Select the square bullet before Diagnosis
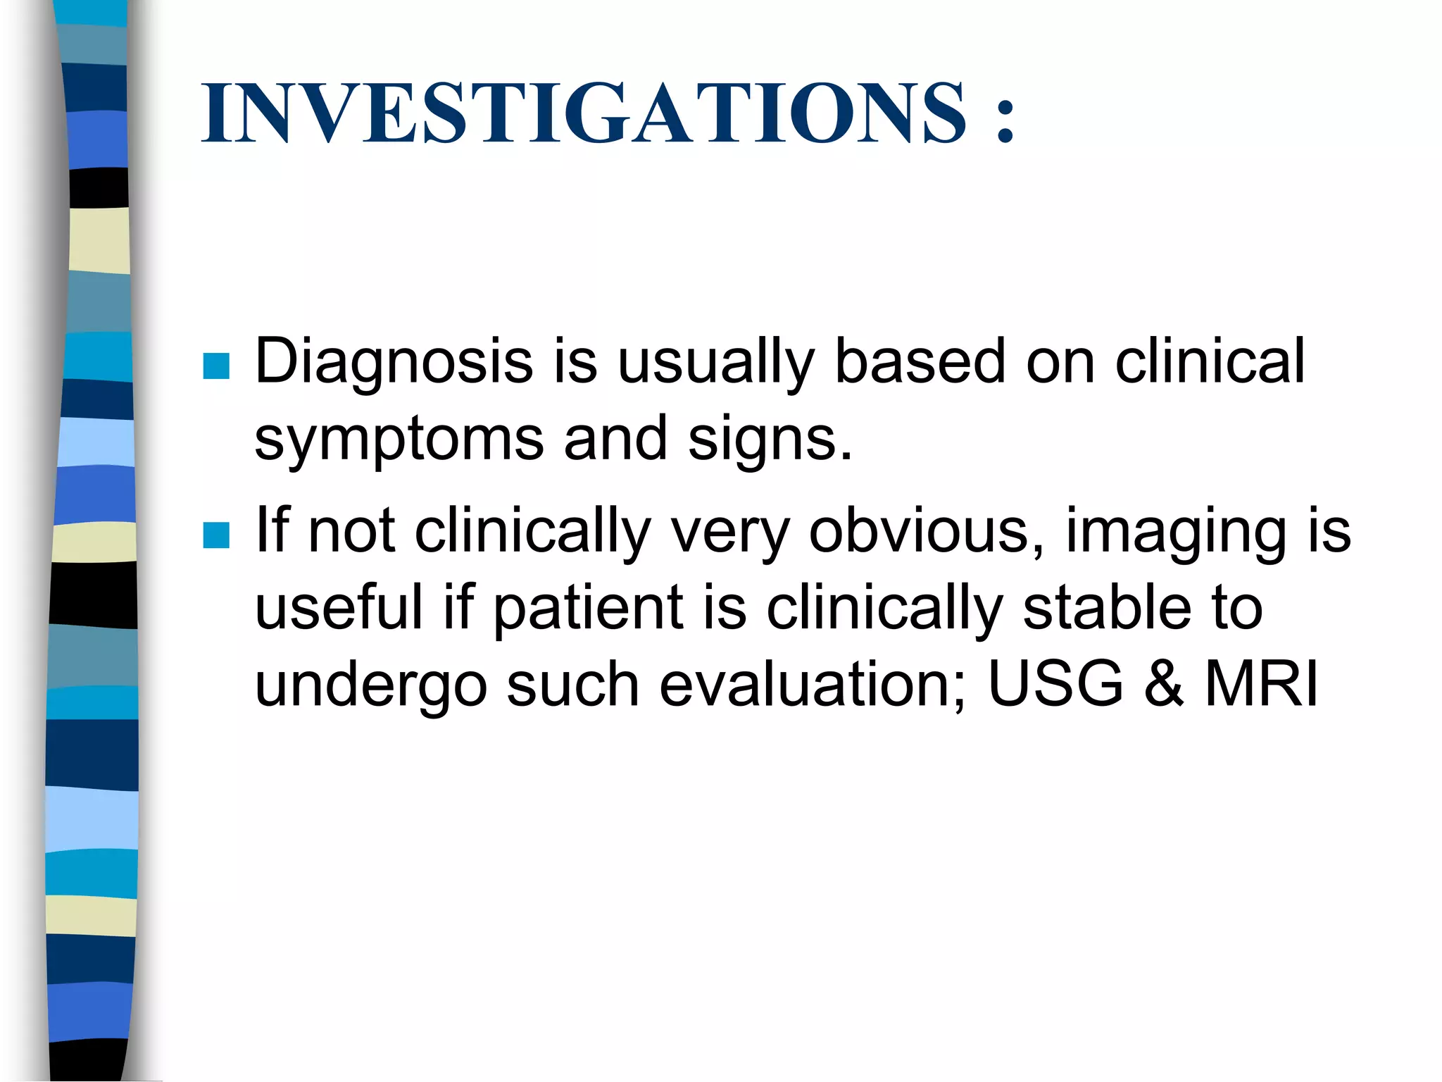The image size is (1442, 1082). click(x=216, y=366)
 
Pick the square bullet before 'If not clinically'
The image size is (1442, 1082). click(x=216, y=535)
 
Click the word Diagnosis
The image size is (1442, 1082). click(x=393, y=363)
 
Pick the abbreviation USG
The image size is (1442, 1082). click(x=1056, y=683)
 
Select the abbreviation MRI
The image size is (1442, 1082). click(x=1261, y=683)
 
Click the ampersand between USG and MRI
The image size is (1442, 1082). click(x=1163, y=683)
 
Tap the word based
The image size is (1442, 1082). click(x=920, y=361)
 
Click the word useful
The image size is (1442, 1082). click(x=339, y=608)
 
